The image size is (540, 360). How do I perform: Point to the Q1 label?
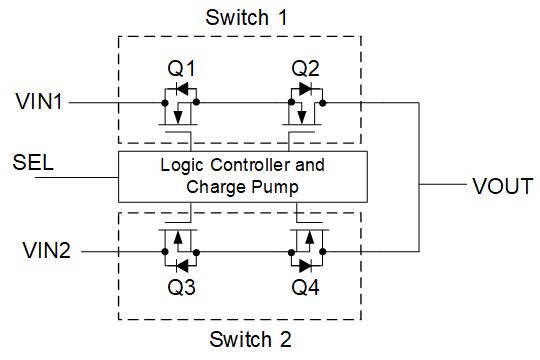(x=180, y=71)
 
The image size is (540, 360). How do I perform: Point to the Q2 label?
(x=305, y=71)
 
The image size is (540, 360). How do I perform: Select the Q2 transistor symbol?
(x=304, y=105)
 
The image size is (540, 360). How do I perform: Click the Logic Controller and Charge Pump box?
(x=242, y=176)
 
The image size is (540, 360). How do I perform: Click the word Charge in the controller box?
(x=217, y=187)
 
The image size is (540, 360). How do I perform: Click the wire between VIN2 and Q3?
(x=115, y=251)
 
